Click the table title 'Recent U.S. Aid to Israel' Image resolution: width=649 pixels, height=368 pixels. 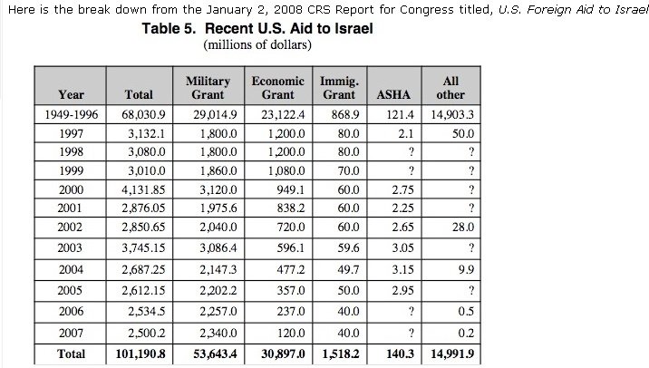[x=289, y=29]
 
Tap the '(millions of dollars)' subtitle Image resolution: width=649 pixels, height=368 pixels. [x=257, y=44]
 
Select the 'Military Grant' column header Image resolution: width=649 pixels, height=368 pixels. [x=208, y=88]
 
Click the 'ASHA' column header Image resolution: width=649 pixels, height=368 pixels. [x=393, y=95]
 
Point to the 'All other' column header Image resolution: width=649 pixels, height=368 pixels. [x=450, y=88]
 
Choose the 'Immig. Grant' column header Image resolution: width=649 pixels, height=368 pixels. [x=339, y=88]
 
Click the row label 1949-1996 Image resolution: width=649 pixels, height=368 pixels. [x=72, y=115]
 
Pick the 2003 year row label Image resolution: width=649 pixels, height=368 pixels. [x=70, y=248]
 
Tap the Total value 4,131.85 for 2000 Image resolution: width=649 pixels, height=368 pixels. [x=143, y=190]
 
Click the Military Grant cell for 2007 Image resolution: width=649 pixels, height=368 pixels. [x=218, y=334]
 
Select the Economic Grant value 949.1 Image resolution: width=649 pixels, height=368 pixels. [x=291, y=190]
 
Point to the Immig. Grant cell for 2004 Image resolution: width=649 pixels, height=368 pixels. [x=348, y=270]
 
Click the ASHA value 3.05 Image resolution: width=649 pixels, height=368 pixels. [x=402, y=248]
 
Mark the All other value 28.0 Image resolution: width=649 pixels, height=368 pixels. [x=463, y=228]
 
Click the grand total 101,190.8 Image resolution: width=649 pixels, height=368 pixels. [x=140, y=353]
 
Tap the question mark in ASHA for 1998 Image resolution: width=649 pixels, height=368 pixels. [x=411, y=152]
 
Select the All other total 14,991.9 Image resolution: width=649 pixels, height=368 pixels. [x=452, y=353]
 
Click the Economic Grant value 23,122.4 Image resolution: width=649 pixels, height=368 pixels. [x=283, y=115]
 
